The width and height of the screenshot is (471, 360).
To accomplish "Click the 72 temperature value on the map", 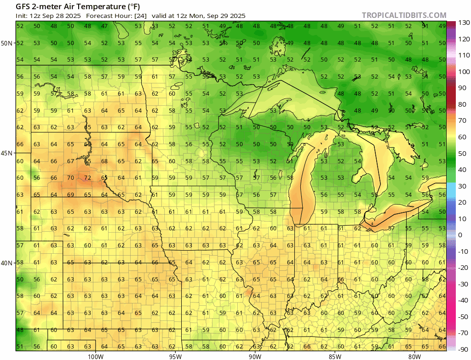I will tap(87, 178).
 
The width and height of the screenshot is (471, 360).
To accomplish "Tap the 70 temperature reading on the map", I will tap(70, 178).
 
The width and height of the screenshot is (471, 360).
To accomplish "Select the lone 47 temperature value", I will tap(104, 26).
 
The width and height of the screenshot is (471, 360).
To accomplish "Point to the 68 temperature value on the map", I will tap(104, 161).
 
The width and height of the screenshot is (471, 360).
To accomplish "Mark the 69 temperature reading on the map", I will tap(70, 195).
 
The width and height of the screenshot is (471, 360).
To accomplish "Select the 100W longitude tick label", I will tap(95, 355).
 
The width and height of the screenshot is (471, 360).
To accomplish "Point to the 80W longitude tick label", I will tap(414, 355).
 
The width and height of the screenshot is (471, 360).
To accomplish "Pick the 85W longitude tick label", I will tap(335, 355).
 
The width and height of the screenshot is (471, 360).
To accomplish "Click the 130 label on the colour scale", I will tap(463, 23).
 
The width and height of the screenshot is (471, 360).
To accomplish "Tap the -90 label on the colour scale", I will tap(463, 349).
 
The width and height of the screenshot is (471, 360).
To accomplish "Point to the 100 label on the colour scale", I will tap(463, 72).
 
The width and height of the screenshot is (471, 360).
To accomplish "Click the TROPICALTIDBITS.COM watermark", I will tap(403, 16).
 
